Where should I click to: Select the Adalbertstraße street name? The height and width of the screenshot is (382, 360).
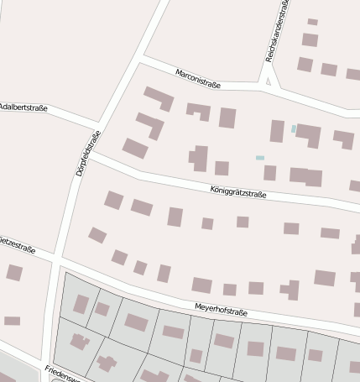tap(23, 107)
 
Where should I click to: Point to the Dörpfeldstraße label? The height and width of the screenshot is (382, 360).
tap(87, 154)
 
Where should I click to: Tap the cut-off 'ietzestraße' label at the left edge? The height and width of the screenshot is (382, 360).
tap(17, 240)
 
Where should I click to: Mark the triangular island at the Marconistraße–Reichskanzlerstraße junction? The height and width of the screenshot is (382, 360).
tap(269, 82)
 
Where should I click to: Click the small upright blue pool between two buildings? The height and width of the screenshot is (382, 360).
tap(294, 128)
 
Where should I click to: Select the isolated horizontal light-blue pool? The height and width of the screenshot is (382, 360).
tap(260, 158)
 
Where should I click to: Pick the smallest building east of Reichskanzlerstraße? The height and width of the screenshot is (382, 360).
tap(312, 22)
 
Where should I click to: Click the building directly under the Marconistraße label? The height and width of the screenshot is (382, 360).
tap(198, 110)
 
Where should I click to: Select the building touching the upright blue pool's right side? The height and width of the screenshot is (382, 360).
tap(309, 134)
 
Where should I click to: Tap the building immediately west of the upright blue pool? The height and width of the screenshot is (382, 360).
tap(277, 131)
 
